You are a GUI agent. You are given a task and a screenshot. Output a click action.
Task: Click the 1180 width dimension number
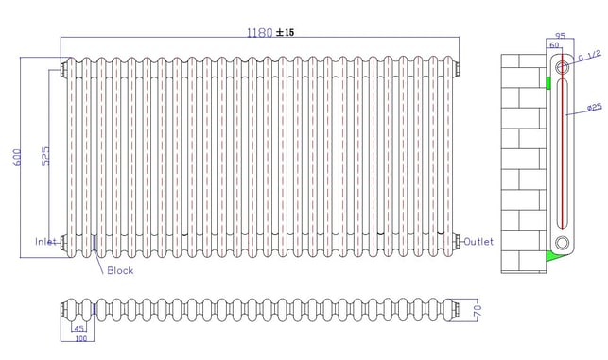click(260, 32)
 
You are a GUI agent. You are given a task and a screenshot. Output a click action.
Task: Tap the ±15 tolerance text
click(285, 32)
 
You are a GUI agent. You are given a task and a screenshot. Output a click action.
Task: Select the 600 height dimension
click(17, 157)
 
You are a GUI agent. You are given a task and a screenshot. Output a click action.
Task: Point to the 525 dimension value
click(45, 156)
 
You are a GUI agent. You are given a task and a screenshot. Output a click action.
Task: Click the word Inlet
click(45, 242)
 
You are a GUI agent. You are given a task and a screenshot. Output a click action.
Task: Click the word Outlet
click(478, 242)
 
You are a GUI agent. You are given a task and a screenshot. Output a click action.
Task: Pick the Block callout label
click(120, 270)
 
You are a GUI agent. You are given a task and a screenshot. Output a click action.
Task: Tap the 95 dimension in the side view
click(560, 36)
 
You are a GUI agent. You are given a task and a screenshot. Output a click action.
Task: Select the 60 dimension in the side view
click(554, 45)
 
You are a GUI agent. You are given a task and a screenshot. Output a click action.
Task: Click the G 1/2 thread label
click(589, 56)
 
